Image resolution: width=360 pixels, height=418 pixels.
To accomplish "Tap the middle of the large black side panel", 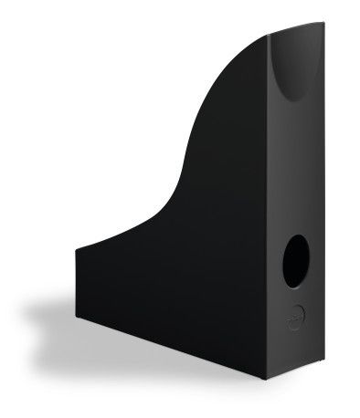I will [x=183, y=274].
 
